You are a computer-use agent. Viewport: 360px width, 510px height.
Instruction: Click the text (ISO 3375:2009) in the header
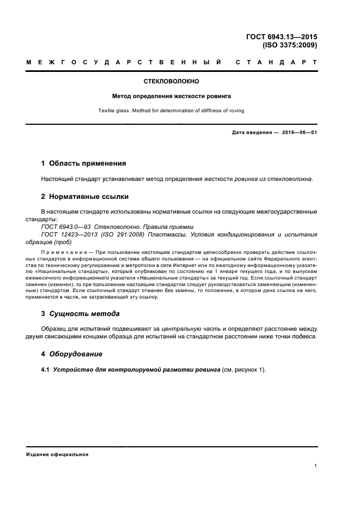click(x=289, y=46)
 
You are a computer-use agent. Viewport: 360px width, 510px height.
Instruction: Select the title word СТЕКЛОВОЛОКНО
click(x=172, y=81)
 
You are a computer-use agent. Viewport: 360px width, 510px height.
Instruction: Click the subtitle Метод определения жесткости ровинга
click(x=172, y=96)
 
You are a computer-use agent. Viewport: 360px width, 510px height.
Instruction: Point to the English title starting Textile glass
click(x=172, y=111)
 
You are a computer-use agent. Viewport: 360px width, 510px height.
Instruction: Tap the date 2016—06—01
click(x=297, y=132)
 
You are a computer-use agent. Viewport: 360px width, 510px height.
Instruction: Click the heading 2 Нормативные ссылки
click(x=85, y=196)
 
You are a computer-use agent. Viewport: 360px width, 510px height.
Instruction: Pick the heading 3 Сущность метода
click(x=81, y=314)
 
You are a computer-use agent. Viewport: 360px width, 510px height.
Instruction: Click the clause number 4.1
click(x=45, y=370)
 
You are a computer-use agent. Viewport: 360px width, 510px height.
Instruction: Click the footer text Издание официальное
click(x=57, y=454)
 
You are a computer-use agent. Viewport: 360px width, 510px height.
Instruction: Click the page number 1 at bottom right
click(x=316, y=466)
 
